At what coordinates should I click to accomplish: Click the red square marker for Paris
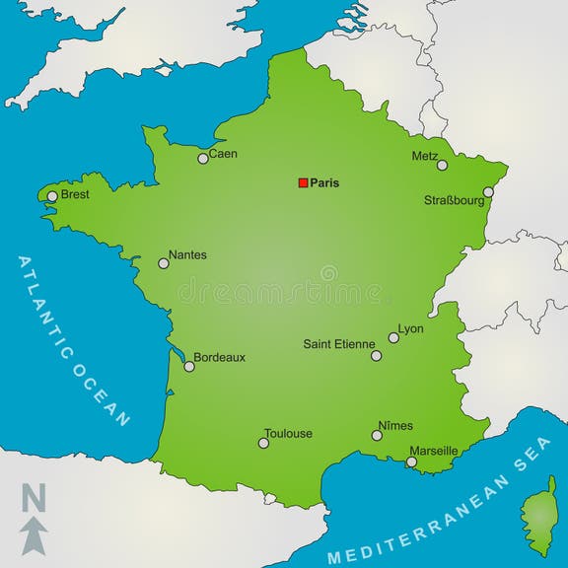[304, 182]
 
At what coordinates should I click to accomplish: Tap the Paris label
[324, 182]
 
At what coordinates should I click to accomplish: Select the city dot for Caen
[203, 158]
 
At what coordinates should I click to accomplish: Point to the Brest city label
[75, 194]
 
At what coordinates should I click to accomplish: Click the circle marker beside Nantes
[164, 263]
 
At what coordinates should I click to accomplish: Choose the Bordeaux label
[219, 357]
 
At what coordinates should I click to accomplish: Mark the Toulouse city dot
[263, 443]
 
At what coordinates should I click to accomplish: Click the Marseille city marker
[412, 461]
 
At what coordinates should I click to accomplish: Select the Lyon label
[410, 328]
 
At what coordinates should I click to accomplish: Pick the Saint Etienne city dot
[376, 355]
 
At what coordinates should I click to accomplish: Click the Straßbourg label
[455, 200]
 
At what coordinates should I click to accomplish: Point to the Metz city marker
[442, 165]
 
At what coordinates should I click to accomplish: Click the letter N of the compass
[34, 498]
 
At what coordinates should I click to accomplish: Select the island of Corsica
[539, 515]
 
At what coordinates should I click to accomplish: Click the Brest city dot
[52, 196]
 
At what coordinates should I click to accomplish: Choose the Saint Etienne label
[338, 344]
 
